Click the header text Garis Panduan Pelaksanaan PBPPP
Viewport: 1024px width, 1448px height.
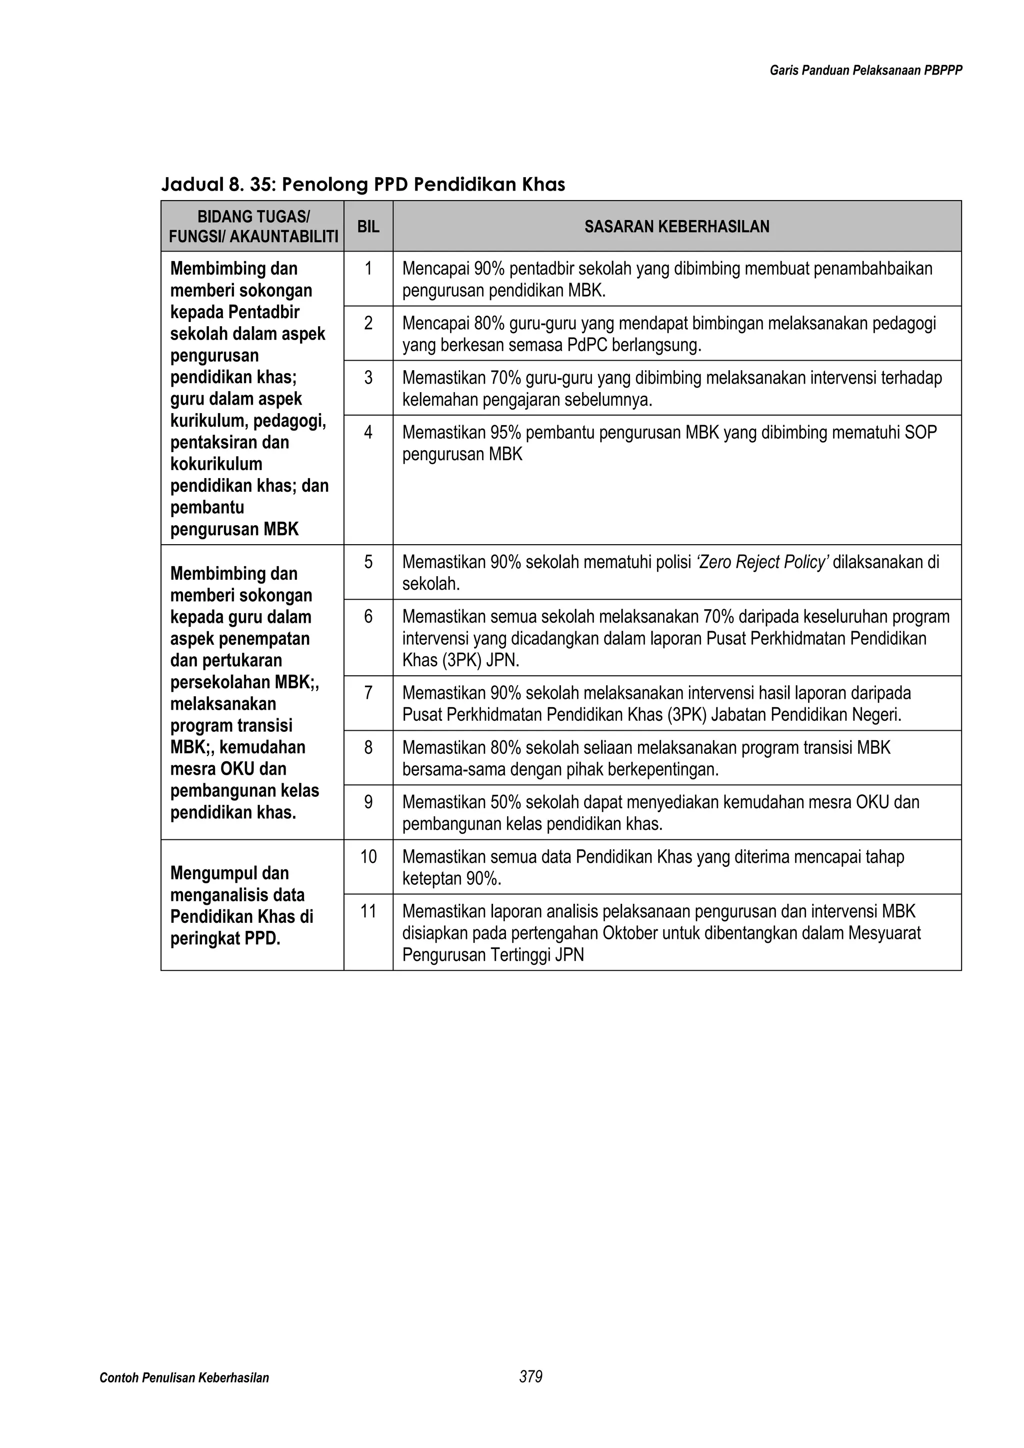tap(865, 71)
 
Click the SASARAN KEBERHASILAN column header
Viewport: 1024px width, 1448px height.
tap(676, 227)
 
